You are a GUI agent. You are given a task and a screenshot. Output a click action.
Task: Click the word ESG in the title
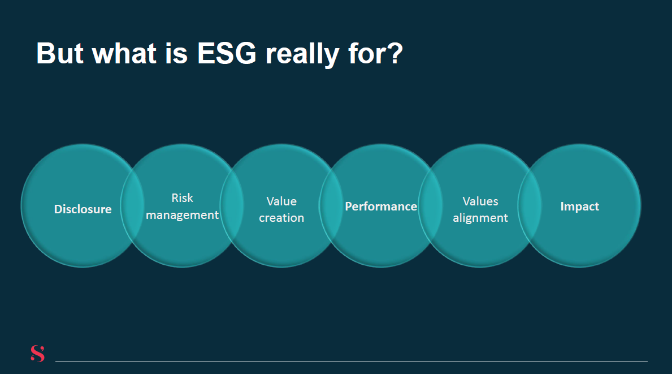pos(226,54)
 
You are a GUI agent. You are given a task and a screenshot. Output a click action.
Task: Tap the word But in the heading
pos(60,54)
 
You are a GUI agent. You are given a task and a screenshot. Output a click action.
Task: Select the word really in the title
pos(302,55)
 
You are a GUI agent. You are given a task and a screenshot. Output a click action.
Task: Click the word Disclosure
pos(83,209)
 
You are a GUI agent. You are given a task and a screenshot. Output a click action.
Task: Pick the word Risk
pos(182,197)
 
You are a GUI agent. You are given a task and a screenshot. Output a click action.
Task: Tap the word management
pos(182,215)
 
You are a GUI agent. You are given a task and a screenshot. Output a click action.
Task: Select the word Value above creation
pos(281,201)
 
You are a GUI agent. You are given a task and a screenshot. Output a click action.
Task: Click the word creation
pos(281,218)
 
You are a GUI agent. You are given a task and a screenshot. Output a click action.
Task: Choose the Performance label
pos(381,207)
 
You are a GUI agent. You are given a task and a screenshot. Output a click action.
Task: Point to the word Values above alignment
pos(480,201)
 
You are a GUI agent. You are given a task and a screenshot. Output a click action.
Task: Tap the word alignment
pos(480,218)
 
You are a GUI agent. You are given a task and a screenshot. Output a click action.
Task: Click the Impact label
pos(579,207)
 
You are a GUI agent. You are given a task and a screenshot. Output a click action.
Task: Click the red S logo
pos(38,354)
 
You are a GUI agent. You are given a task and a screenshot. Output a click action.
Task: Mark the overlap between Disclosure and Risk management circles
pos(132,205)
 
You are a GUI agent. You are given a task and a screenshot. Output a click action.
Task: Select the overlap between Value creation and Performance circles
pos(331,205)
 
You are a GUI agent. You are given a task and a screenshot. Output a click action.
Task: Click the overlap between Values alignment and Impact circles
pos(530,205)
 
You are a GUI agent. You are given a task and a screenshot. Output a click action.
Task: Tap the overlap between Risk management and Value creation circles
pos(232,205)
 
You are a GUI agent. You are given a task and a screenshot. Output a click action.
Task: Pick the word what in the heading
pos(124,54)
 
